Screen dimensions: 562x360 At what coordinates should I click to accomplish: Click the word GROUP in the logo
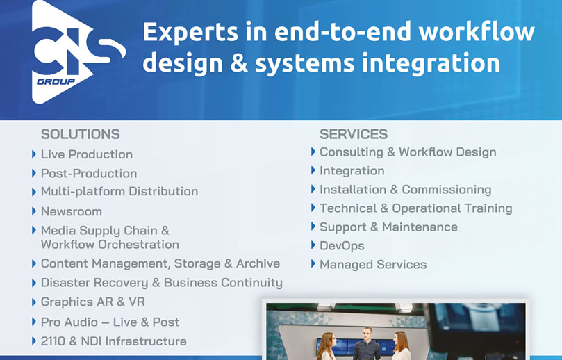point(56,82)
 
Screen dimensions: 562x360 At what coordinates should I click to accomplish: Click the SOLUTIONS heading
point(81,134)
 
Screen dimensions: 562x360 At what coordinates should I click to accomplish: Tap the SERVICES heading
point(354,134)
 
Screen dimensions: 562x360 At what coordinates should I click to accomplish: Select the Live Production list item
point(87,154)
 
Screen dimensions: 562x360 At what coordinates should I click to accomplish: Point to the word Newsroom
point(72,211)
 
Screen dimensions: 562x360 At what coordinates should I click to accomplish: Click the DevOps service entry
point(342,245)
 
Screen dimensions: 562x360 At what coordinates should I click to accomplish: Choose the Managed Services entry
point(373,264)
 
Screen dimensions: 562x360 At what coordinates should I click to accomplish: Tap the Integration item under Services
point(352,171)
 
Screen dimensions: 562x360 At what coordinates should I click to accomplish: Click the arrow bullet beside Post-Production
point(34,173)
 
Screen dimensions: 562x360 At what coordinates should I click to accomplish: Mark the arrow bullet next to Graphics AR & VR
point(34,302)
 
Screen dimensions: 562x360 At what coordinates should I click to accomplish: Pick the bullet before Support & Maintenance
point(313,227)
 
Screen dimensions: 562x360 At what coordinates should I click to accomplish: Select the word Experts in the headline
point(190,32)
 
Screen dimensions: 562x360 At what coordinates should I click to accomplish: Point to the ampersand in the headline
point(239,63)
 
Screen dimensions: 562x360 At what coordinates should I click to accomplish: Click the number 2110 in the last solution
point(53,341)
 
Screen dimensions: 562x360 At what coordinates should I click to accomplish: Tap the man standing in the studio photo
point(367,343)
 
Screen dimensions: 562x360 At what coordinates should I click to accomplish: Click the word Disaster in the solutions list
point(65,283)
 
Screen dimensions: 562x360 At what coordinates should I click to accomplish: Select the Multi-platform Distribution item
point(119,192)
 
